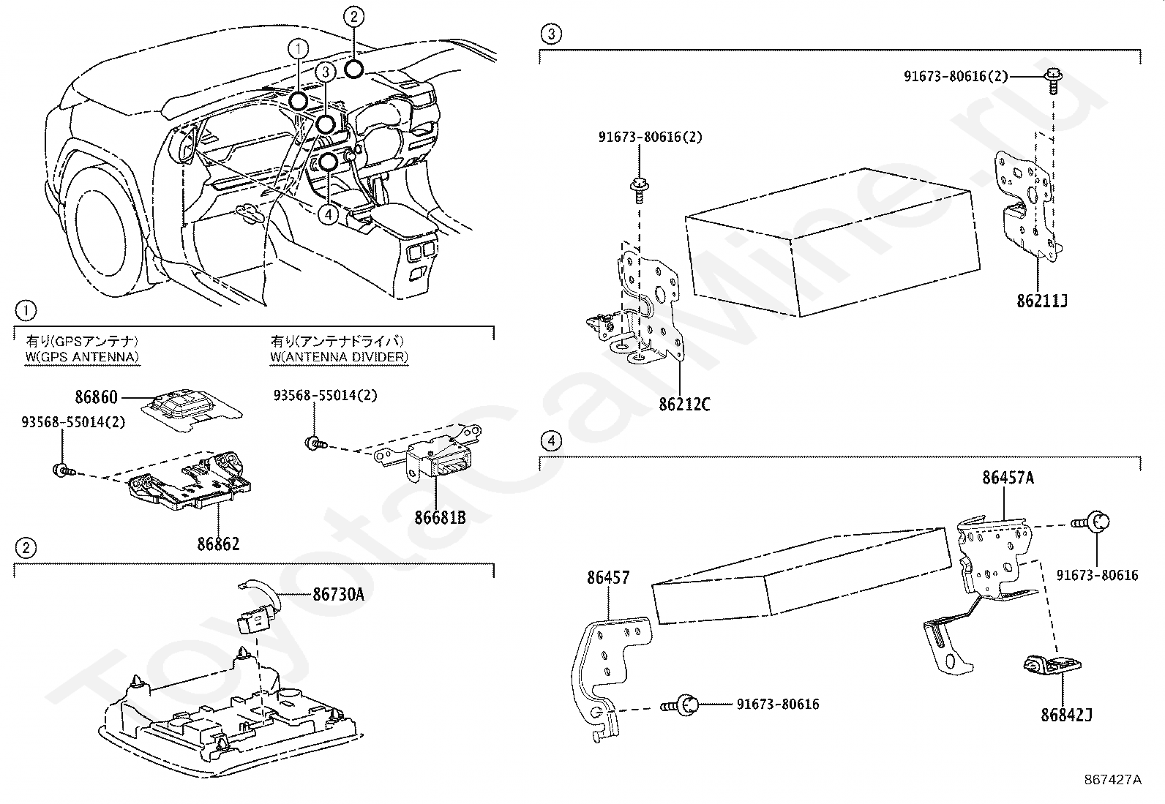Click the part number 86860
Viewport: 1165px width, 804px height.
(x=96, y=397)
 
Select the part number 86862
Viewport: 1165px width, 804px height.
(x=218, y=544)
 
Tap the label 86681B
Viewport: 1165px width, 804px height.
(x=441, y=517)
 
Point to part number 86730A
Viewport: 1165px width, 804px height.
(x=338, y=595)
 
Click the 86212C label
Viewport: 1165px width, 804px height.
(x=684, y=405)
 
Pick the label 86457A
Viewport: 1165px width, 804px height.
(x=1008, y=478)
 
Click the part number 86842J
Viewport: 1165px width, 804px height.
(x=1066, y=715)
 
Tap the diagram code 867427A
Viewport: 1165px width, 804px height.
(x=1112, y=779)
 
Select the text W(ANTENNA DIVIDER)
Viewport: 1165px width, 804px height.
(x=339, y=356)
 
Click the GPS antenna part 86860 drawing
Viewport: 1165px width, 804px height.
(x=192, y=407)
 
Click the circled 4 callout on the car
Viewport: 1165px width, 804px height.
(x=329, y=214)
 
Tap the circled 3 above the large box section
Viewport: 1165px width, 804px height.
(x=551, y=34)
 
